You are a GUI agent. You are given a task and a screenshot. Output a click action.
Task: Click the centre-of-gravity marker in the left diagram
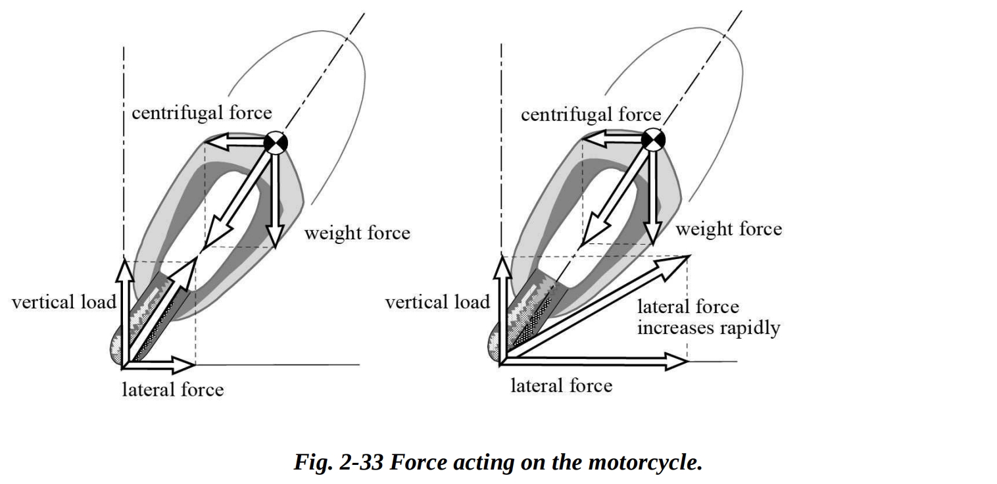point(275,143)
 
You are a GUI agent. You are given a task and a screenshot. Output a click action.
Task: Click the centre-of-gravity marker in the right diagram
point(654,139)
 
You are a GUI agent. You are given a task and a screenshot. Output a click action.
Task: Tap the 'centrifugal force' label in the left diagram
point(202,113)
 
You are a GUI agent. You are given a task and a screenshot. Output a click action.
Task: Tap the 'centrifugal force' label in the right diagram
point(591,115)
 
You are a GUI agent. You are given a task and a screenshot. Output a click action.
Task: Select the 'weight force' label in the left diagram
point(357,233)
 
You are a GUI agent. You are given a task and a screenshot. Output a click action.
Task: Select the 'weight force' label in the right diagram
point(729,229)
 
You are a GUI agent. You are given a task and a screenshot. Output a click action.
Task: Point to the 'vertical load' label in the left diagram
point(63,302)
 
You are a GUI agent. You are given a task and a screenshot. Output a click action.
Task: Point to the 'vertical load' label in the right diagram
point(437,302)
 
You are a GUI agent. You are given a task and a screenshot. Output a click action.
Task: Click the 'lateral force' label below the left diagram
point(173,389)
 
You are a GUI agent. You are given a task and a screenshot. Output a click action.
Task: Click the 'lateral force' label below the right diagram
point(561,385)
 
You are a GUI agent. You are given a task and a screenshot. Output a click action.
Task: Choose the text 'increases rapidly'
point(708,327)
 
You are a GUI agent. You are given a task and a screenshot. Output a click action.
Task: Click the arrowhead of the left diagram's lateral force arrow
point(187,362)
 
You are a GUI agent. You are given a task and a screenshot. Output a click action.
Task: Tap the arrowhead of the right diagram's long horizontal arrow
point(677,360)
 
